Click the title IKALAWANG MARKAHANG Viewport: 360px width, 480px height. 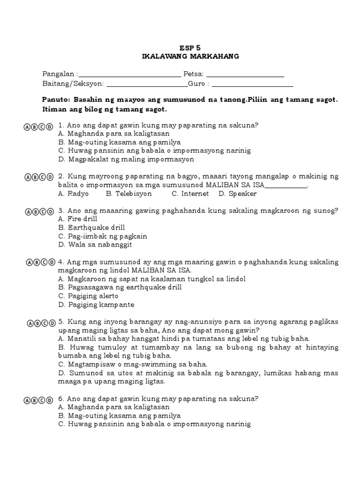pyautogui.click(x=190, y=56)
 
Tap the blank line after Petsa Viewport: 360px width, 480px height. pyautogui.click(x=245, y=75)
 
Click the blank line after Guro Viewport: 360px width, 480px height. pyautogui.click(x=253, y=85)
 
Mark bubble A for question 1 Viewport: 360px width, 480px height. pyautogui.click(x=27, y=127)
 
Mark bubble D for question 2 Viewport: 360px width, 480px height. pyautogui.click(x=50, y=177)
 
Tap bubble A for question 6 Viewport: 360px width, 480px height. pyautogui.click(x=27, y=400)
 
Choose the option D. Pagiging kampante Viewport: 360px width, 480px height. pyautogui.click(x=96, y=305)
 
